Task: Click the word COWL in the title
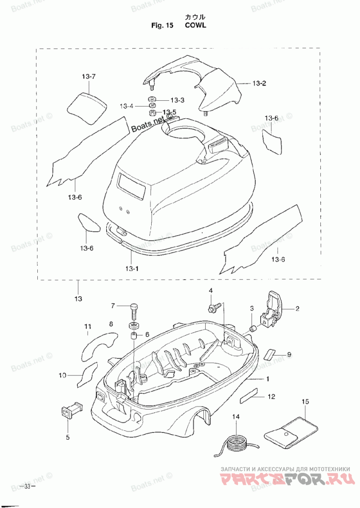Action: click(196, 25)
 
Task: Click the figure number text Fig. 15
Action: click(162, 25)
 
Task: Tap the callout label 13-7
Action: click(89, 77)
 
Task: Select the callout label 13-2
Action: click(259, 83)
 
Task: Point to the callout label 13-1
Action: click(131, 268)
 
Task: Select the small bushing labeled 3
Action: click(253, 329)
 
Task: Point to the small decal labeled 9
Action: click(270, 354)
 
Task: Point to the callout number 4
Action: click(211, 290)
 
